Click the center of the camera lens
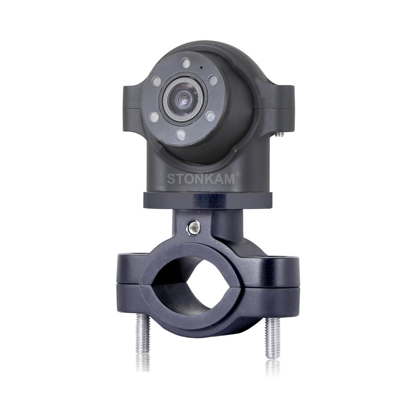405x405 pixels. click(184, 99)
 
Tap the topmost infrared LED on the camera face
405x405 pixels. click(186, 63)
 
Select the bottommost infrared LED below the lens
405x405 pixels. click(181, 135)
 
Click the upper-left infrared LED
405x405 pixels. click(156, 81)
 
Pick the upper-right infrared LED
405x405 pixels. click(213, 80)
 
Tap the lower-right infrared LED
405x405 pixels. click(211, 116)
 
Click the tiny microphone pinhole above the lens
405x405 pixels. click(201, 67)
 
